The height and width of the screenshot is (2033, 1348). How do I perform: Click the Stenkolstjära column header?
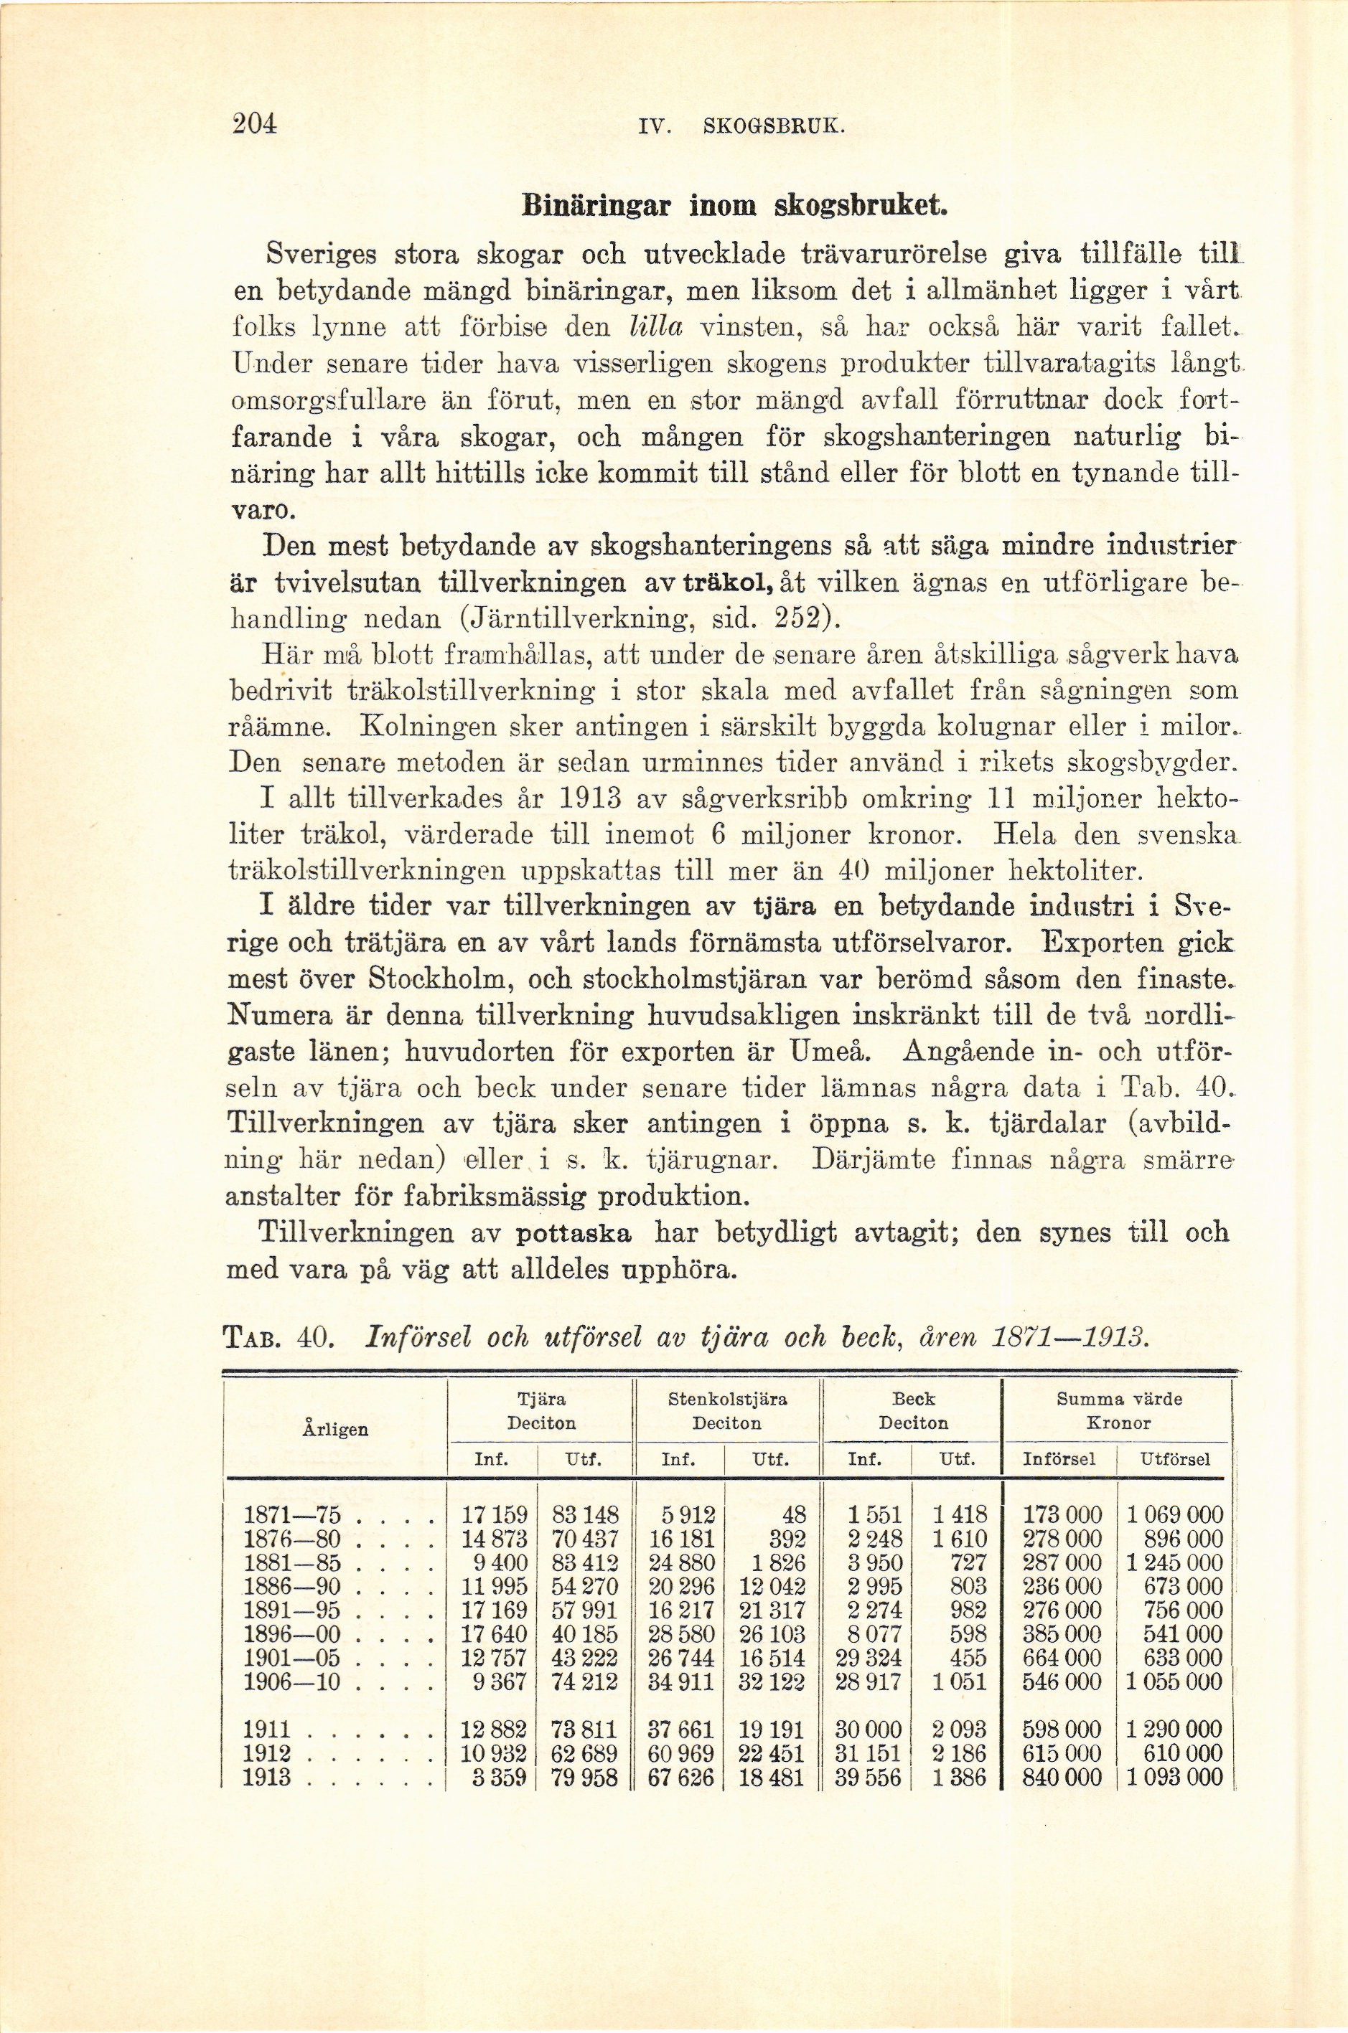[727, 1399]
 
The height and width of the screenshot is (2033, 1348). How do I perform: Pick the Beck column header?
[913, 1399]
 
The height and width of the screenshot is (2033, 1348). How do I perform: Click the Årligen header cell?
[335, 1430]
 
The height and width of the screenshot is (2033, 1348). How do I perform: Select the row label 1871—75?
[293, 1515]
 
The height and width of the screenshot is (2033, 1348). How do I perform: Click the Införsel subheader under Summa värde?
[1061, 1459]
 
